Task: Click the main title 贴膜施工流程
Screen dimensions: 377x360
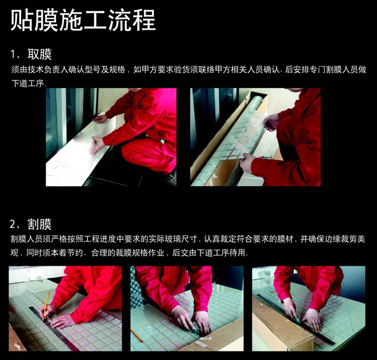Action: coord(83,20)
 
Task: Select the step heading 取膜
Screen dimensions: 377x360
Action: coord(39,54)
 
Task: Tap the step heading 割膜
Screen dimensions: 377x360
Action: coord(39,224)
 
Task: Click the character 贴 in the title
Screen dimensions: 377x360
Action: coord(22,20)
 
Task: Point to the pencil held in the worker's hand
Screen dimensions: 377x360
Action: coord(46,306)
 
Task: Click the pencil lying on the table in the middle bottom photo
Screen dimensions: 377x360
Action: coord(137,335)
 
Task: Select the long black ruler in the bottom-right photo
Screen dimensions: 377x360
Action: coord(295,319)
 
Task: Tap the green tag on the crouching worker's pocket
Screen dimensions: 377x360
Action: coord(163,142)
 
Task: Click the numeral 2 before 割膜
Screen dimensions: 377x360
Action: coord(13,225)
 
